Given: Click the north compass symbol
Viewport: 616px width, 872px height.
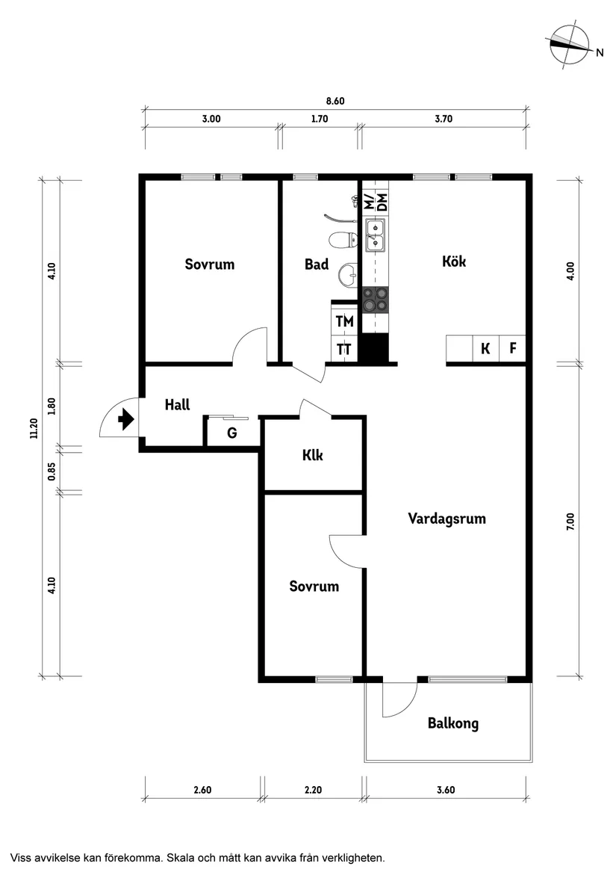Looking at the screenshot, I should click(x=570, y=46).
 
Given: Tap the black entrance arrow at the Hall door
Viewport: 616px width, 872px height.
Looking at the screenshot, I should click(x=125, y=421).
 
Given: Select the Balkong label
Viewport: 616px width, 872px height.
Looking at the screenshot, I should click(x=452, y=723).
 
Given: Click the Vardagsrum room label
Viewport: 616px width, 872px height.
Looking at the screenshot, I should click(x=447, y=519).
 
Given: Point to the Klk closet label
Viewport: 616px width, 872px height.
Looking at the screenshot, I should click(x=313, y=455).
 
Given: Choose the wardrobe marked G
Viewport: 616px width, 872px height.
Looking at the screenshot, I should click(x=232, y=433).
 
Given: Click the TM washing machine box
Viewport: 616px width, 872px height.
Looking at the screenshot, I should click(x=343, y=322).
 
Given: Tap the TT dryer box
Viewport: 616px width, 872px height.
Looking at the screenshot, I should click(x=343, y=349).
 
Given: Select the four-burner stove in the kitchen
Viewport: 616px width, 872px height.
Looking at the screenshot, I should click(x=376, y=299).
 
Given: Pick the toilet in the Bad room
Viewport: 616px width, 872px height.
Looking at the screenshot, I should click(x=343, y=241).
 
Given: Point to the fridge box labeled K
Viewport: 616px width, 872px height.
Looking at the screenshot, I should click(x=485, y=348).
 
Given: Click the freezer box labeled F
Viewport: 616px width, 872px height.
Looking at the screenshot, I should click(x=513, y=348).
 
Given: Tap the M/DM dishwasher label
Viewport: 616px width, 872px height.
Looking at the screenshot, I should click(x=376, y=200).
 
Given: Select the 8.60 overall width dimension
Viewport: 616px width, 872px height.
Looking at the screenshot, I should click(x=335, y=102).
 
